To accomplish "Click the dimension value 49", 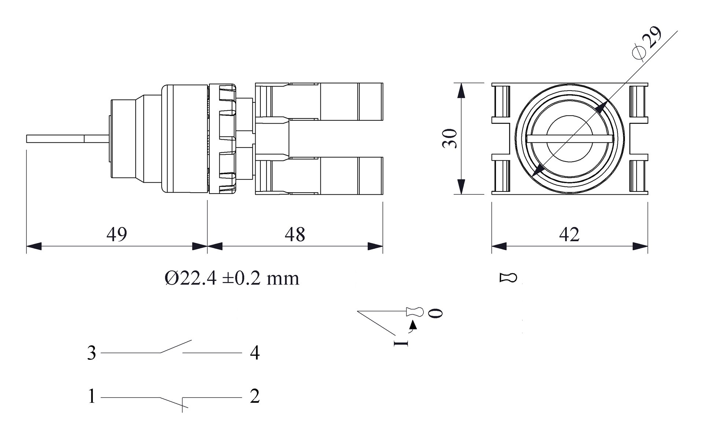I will pyautogui.click(x=117, y=234).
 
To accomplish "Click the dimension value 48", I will pyautogui.click(x=295, y=234).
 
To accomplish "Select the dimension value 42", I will pyautogui.click(x=569, y=234).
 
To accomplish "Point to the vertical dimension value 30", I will pyautogui.click(x=450, y=138).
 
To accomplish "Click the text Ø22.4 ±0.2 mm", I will pyautogui.click(x=232, y=278).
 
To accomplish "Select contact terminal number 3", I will pyautogui.click(x=91, y=353).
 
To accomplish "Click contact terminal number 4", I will pyautogui.click(x=255, y=353).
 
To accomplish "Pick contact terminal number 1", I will pyautogui.click(x=91, y=396).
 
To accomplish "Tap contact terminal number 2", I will pyautogui.click(x=255, y=396).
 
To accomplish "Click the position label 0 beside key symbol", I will pyautogui.click(x=436, y=313).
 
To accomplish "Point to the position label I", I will pyautogui.click(x=400, y=343).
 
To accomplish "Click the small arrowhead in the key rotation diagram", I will pyautogui.click(x=414, y=324).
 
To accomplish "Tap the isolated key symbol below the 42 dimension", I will pyautogui.click(x=508, y=278).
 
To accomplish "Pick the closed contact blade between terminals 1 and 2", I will pyautogui.click(x=171, y=402).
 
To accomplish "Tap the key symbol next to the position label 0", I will pyautogui.click(x=415, y=312).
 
